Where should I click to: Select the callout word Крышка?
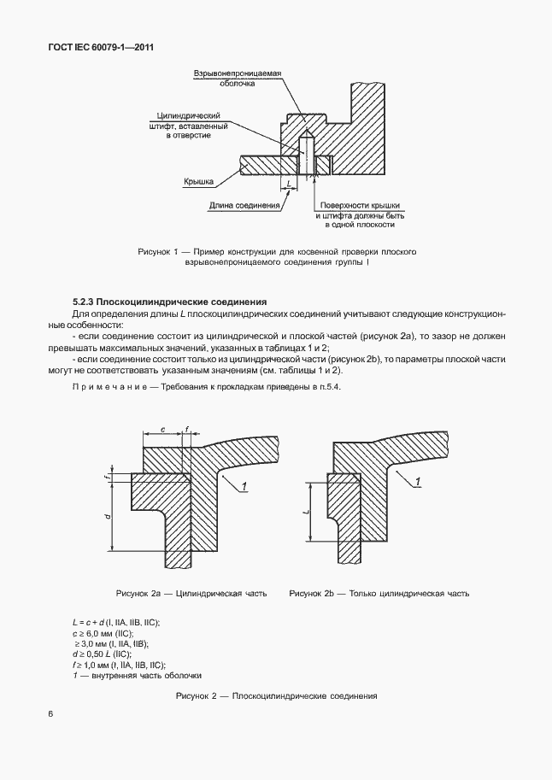point(197,182)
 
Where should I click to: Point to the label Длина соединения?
point(244,206)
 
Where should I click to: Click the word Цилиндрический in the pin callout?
point(190,115)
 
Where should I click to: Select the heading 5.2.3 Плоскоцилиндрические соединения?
point(170,302)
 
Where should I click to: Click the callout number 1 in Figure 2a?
point(244,486)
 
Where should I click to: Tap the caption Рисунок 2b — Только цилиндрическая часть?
point(379,593)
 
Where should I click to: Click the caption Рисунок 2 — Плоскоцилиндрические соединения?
point(276,696)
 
